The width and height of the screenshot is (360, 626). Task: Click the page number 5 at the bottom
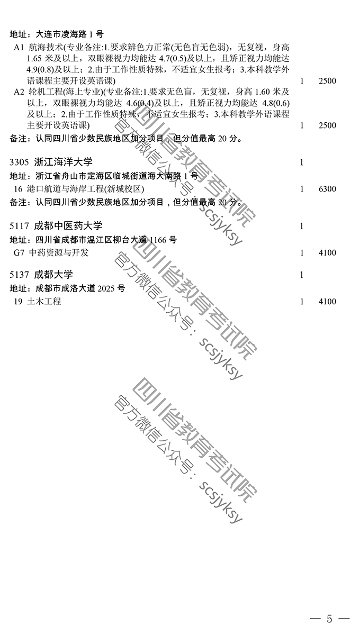pyautogui.click(x=329, y=618)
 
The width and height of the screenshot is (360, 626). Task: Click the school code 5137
pyautogui.click(x=21, y=275)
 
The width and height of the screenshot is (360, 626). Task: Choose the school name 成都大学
pyautogui.click(x=60, y=275)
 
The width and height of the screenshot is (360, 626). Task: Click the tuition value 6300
pyautogui.click(x=328, y=189)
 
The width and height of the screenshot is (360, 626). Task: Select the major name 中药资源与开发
pyautogui.click(x=59, y=253)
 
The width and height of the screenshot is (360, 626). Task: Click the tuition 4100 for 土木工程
pyautogui.click(x=328, y=302)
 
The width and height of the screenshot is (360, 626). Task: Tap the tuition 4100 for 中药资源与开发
pyautogui.click(x=328, y=253)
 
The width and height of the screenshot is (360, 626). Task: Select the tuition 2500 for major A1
pyautogui.click(x=328, y=81)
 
